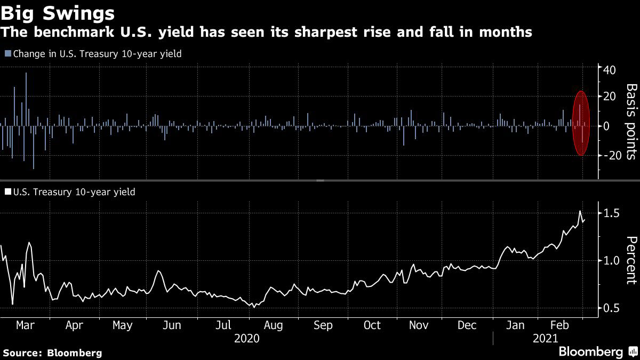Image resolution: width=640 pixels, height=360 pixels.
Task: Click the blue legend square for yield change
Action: click(x=7, y=53)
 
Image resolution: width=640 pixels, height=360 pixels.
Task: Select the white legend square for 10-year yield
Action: click(x=7, y=192)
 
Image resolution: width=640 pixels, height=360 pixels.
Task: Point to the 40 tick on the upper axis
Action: click(x=609, y=70)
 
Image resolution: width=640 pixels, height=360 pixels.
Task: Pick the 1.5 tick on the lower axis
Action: click(x=611, y=213)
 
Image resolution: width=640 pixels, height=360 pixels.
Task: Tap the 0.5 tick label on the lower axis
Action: click(x=611, y=308)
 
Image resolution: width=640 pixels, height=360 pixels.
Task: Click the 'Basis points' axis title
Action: click(x=631, y=122)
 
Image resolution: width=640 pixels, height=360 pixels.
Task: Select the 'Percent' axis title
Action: click(x=631, y=260)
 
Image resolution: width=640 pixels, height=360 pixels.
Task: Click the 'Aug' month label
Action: click(x=274, y=325)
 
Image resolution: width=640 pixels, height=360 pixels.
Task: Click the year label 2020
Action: click(x=247, y=339)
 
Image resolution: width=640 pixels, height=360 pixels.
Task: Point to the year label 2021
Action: click(x=545, y=339)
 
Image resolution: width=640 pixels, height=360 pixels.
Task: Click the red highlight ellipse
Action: click(x=582, y=123)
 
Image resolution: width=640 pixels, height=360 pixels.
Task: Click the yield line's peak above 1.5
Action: click(x=580, y=211)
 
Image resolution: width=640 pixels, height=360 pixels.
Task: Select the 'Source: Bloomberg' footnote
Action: click(x=52, y=353)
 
